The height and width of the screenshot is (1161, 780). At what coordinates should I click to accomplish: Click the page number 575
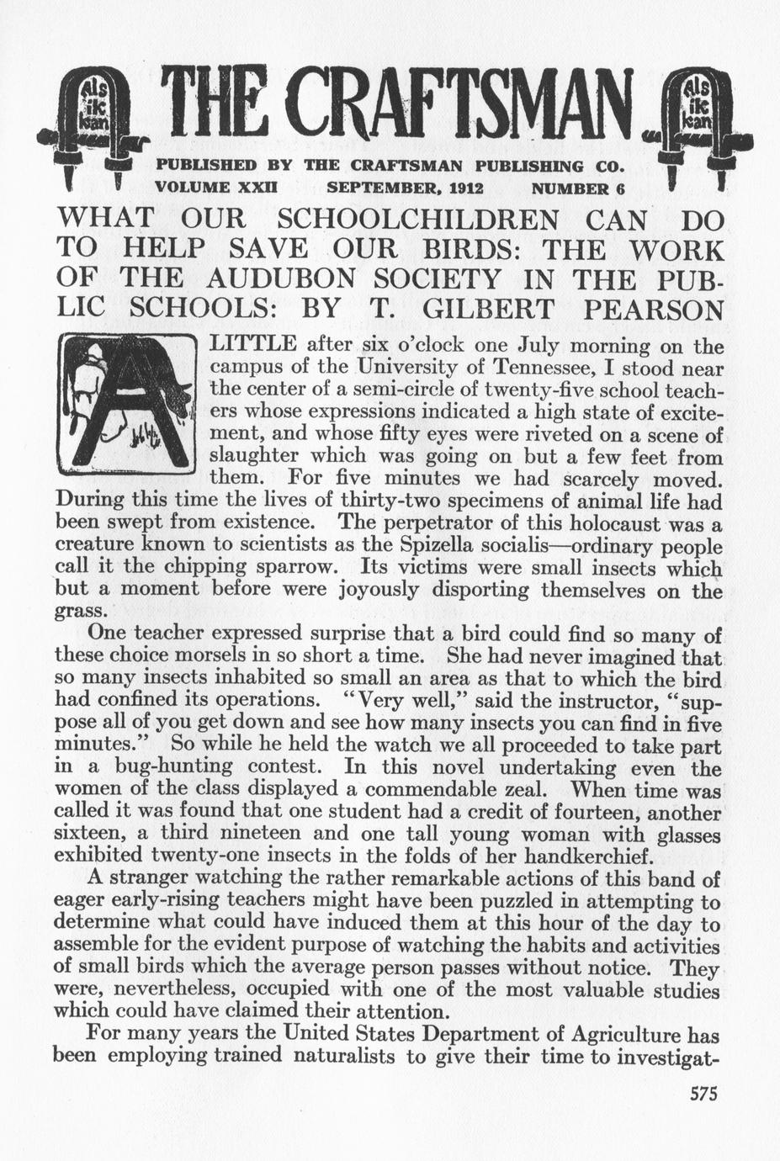click(x=702, y=1095)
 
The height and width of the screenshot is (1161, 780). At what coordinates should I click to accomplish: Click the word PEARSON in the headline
click(x=654, y=308)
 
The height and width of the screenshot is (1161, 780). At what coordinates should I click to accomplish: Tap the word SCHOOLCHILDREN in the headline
click(x=417, y=220)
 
